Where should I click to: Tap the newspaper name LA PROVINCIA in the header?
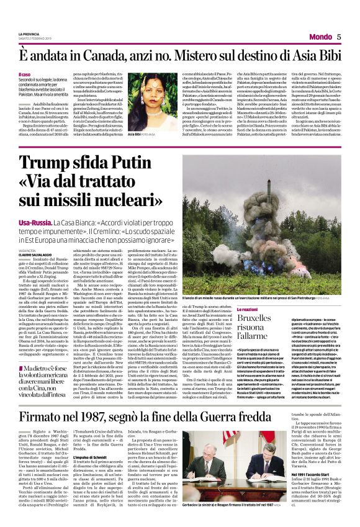[x=30, y=34]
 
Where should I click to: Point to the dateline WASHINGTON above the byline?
[x=28, y=249]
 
